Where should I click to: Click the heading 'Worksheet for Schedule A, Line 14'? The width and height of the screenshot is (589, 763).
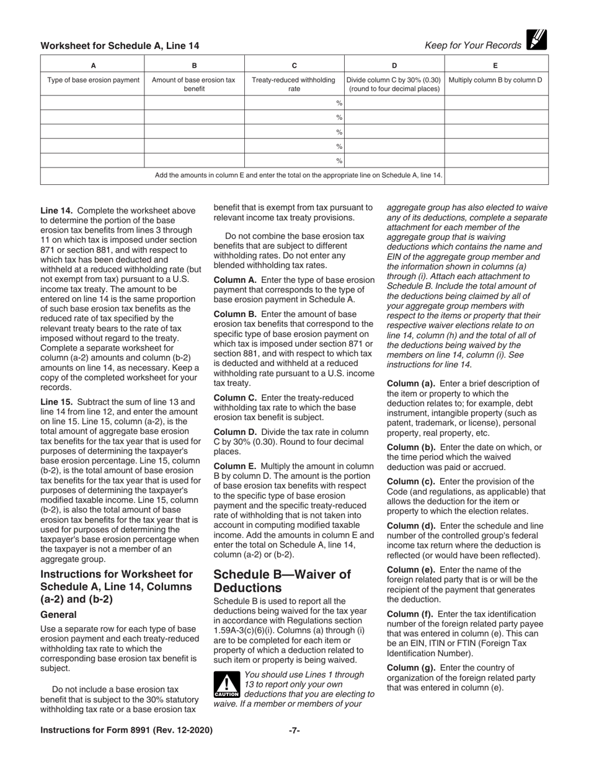(x=120, y=46)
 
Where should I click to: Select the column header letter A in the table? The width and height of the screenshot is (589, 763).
(x=93, y=65)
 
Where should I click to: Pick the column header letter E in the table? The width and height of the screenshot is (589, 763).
(x=495, y=65)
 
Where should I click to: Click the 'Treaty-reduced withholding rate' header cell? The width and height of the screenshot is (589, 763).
(x=294, y=84)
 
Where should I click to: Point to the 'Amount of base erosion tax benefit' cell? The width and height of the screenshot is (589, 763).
(x=194, y=84)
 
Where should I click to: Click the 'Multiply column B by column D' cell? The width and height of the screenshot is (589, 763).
(x=495, y=80)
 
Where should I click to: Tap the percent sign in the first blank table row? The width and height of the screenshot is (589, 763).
(x=339, y=103)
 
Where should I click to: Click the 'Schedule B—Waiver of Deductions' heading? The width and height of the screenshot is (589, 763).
(x=282, y=581)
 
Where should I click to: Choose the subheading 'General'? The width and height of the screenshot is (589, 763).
(x=58, y=615)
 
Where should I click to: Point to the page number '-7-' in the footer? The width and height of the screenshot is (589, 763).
(x=294, y=730)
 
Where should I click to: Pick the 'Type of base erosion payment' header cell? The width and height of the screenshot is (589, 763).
(x=93, y=80)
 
